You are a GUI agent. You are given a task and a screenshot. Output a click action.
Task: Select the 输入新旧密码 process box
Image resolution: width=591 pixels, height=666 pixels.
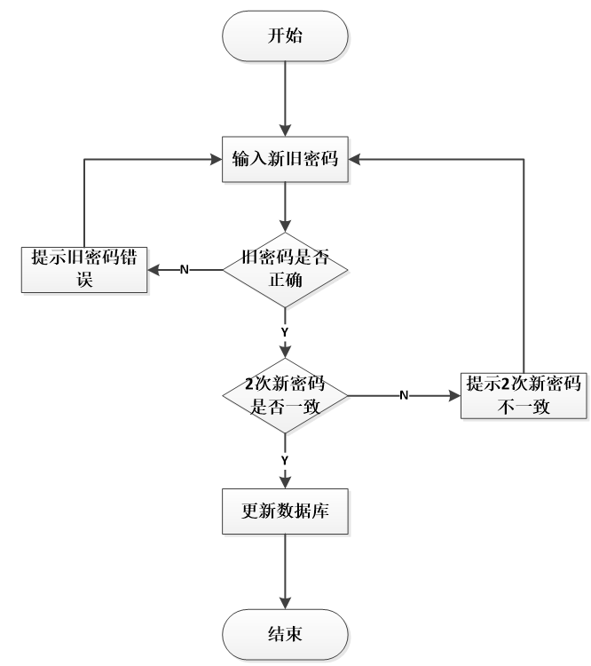point(284,159)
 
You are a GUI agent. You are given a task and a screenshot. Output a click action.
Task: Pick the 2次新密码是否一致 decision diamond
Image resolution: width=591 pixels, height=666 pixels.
point(284,392)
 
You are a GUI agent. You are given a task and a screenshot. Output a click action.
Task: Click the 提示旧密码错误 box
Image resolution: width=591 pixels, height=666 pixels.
point(84,267)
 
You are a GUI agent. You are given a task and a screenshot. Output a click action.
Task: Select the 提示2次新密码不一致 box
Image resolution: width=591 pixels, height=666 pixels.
point(524,393)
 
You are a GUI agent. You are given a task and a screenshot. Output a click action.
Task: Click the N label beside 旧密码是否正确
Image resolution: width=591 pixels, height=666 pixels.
point(184,268)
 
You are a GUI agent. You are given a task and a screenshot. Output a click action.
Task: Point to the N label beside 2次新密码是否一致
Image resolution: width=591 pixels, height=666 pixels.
point(404,394)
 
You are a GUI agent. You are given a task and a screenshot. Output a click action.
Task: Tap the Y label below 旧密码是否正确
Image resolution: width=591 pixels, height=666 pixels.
point(284,330)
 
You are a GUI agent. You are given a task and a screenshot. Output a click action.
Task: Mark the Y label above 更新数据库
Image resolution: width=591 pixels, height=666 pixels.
point(284,460)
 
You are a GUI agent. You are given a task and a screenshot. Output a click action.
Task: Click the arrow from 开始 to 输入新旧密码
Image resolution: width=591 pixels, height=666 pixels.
point(284,98)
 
